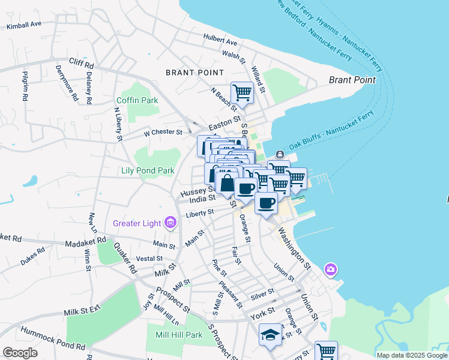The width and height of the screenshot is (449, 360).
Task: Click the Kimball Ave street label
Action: pyautogui.click(x=23, y=25)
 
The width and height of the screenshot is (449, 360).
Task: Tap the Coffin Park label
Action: pyautogui.click(x=137, y=100)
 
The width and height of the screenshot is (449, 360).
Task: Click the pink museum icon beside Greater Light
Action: pyautogui.click(x=170, y=224)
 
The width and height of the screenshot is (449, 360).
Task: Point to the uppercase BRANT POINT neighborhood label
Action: pyautogui.click(x=195, y=73)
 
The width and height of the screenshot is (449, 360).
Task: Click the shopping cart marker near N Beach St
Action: pyautogui.click(x=242, y=92)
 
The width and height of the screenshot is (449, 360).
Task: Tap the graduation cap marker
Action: pyautogui.click(x=270, y=334)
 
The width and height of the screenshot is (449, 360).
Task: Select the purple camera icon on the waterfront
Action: pyautogui.click(x=330, y=270)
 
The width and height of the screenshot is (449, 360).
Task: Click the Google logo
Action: pyautogui.click(x=20, y=352)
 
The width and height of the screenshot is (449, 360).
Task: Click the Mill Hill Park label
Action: pyautogui.click(x=179, y=335)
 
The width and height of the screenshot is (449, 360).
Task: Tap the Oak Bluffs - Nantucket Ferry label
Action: pyautogui.click(x=331, y=131)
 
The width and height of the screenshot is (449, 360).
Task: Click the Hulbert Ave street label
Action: pyautogui.click(x=220, y=42)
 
